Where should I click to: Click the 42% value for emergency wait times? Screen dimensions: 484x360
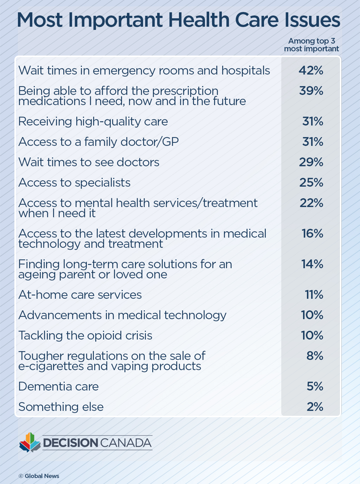click(311, 71)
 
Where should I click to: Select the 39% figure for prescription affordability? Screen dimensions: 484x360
click(311, 91)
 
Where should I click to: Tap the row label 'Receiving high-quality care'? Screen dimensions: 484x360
click(93, 122)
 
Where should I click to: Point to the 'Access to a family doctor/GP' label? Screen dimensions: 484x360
click(98, 142)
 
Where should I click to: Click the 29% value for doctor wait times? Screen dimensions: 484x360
click(311, 162)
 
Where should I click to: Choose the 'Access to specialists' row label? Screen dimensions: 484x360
click(75, 183)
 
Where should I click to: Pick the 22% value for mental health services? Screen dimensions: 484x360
click(311, 203)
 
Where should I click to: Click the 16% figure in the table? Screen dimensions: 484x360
click(312, 234)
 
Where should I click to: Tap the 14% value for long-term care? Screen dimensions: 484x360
click(312, 264)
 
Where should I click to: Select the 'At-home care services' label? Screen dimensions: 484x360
click(80, 295)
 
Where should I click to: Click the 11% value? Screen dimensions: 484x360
click(314, 295)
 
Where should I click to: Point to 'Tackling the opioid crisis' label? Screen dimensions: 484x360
click(85, 336)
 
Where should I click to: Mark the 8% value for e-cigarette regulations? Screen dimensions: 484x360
click(315, 356)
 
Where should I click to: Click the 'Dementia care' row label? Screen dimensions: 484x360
click(59, 387)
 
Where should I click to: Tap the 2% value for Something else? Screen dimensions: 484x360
click(315, 407)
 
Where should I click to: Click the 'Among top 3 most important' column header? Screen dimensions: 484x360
click(311, 45)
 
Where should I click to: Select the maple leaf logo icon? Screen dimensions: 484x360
click(30, 442)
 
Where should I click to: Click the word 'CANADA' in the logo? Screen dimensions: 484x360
click(126, 443)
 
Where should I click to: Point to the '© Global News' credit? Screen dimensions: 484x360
click(39, 476)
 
